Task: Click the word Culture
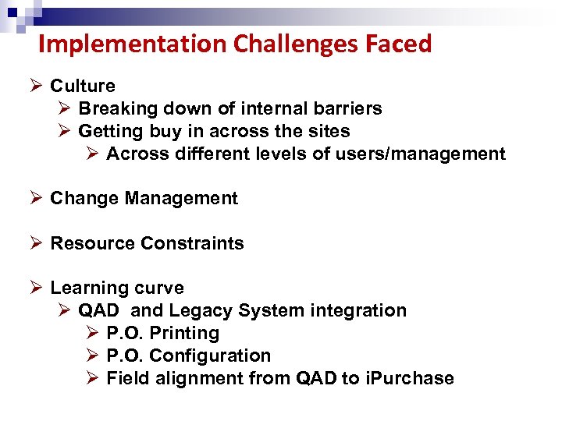[x=83, y=86]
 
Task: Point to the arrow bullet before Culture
[x=36, y=86]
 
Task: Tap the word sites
[x=328, y=131]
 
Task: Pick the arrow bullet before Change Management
[x=36, y=198]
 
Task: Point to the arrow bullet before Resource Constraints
[x=36, y=243]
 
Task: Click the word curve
[x=158, y=288]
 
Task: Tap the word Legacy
[x=201, y=310]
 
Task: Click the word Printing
[x=184, y=333]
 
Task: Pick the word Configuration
[x=210, y=356]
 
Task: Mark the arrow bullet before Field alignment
[x=92, y=378]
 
